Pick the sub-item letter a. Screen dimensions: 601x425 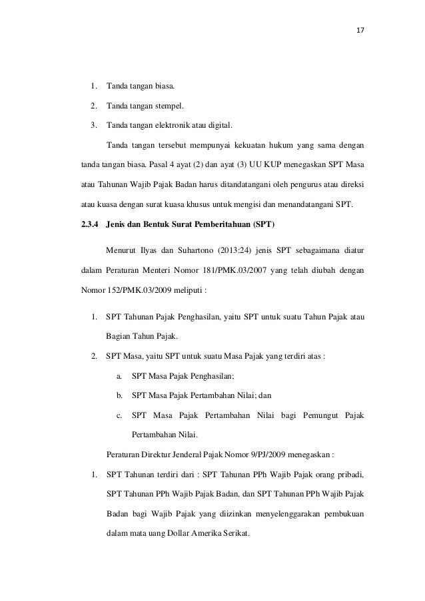tap(119, 377)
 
